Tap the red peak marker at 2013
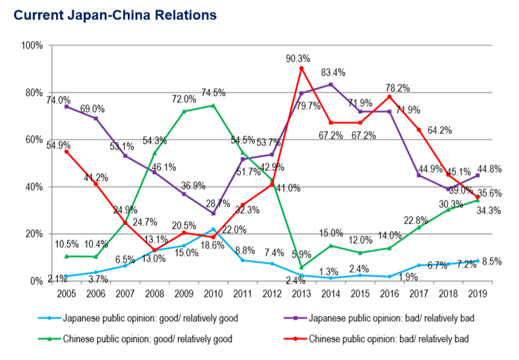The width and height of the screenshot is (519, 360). click(x=302, y=68)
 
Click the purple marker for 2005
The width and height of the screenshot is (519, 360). click(x=66, y=107)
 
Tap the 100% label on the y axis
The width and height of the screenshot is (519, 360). click(x=31, y=45)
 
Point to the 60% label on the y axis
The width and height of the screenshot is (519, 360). click(x=33, y=139)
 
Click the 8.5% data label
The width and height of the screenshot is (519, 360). click(x=492, y=261)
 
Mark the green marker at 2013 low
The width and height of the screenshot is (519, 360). click(x=302, y=267)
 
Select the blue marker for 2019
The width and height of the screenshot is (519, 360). click(x=477, y=261)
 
